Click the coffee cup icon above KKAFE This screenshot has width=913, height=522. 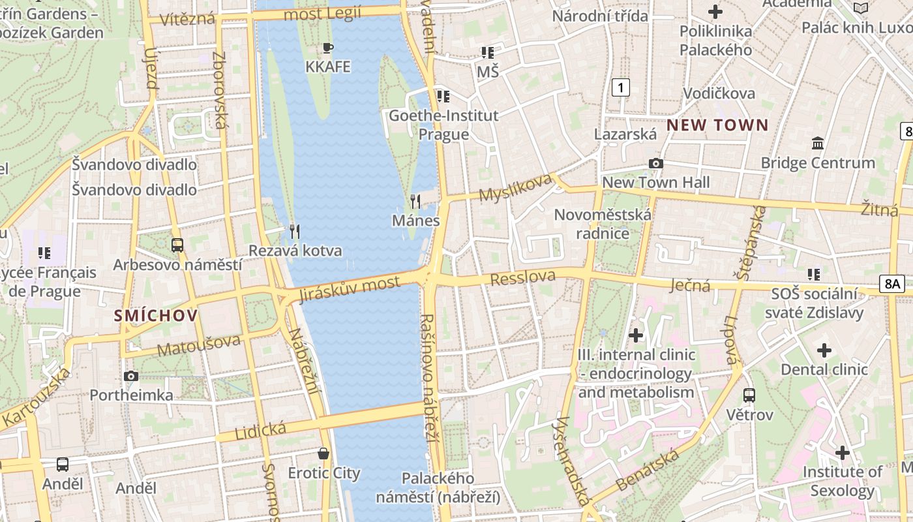[328, 48]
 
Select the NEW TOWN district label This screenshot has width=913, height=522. [717, 125]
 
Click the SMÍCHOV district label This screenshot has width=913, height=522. [155, 316]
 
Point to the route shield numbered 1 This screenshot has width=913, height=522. [621, 87]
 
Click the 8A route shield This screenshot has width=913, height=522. [891, 283]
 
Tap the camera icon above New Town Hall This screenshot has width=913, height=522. [655, 163]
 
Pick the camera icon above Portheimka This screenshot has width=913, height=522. [131, 376]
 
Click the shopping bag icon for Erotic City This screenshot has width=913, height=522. [323, 453]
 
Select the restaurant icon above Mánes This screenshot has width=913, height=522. [415, 201]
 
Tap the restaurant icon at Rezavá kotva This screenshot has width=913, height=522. [295, 230]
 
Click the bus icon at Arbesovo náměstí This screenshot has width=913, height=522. [177, 245]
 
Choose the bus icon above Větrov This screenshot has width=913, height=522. [749, 395]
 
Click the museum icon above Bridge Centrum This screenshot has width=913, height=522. [817, 143]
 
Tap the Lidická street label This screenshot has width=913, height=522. [260, 430]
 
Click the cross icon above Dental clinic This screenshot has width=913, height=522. [824, 350]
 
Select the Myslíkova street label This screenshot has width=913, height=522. [515, 187]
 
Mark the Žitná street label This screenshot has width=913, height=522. [879, 209]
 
